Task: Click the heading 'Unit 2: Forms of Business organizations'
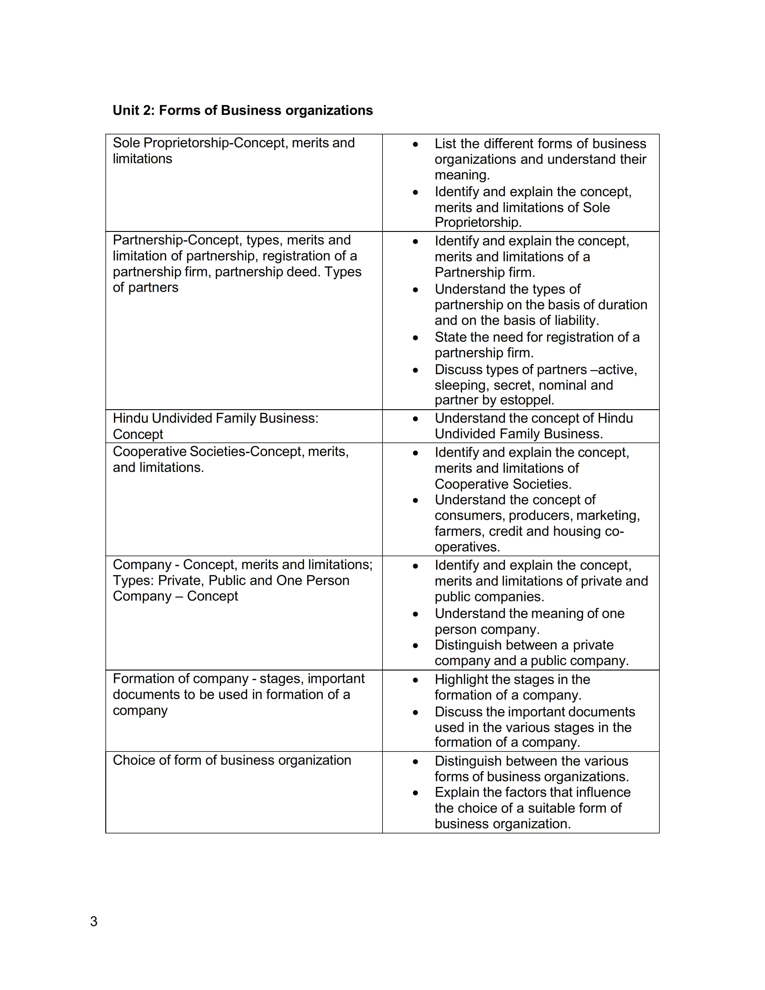pos(242,110)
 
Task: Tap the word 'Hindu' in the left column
pos(130,418)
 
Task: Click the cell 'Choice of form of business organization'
pos(232,760)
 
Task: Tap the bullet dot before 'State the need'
pos(415,338)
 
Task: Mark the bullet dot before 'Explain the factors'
pos(415,793)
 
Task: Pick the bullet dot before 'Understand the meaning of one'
pos(415,614)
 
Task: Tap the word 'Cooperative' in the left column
pos(150,451)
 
